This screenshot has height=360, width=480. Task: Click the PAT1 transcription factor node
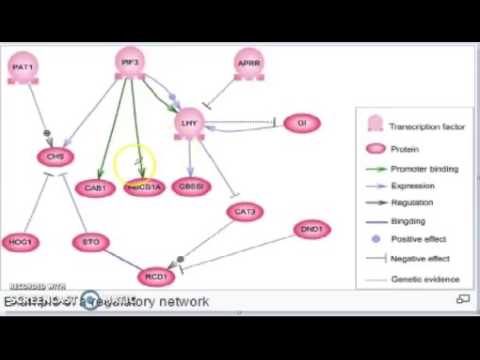pyautogui.click(x=22, y=68)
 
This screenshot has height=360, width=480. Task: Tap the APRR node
pyautogui.click(x=249, y=66)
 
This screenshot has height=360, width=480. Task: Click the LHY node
pyautogui.click(x=189, y=123)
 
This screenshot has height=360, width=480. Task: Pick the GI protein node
pyautogui.click(x=301, y=123)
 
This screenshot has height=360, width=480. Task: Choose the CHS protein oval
pyautogui.click(x=55, y=157)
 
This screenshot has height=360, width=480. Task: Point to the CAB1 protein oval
pyautogui.click(x=96, y=187)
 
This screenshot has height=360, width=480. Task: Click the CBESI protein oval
pyautogui.click(x=192, y=187)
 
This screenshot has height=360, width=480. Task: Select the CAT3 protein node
pyautogui.click(x=245, y=211)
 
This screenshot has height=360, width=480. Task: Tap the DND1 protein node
pyautogui.click(x=312, y=230)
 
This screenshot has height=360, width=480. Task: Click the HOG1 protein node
pyautogui.click(x=20, y=242)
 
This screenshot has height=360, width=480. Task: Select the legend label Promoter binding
pyautogui.click(x=424, y=168)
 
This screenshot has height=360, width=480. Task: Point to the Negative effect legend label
pyautogui.click(x=421, y=257)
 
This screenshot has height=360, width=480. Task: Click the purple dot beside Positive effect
pyautogui.click(x=375, y=239)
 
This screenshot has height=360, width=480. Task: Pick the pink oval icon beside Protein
pyautogui.click(x=375, y=149)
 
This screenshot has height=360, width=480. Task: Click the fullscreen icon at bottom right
pyautogui.click(x=463, y=299)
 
